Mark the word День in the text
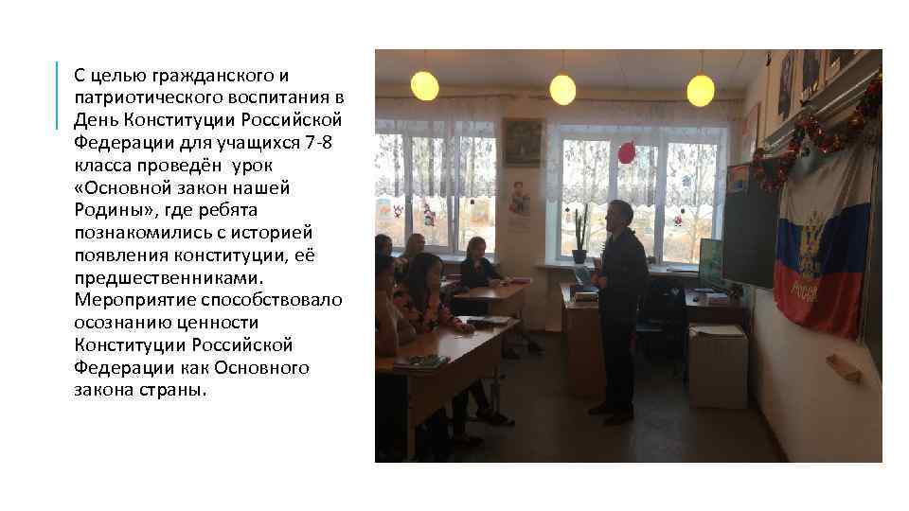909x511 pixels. pyautogui.click(x=94, y=119)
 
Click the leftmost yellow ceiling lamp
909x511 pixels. pyautogui.click(x=425, y=86)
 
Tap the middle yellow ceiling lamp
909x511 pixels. pyautogui.click(x=562, y=90)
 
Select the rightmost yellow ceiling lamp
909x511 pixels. pyautogui.click(x=701, y=91)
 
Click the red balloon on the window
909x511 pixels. pyautogui.click(x=627, y=152)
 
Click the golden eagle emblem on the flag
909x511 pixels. pyautogui.click(x=811, y=242)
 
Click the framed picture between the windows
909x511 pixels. pyautogui.click(x=522, y=142)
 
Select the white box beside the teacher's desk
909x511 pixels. pyautogui.click(x=717, y=364)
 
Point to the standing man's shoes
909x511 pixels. pyautogui.click(x=612, y=412)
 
